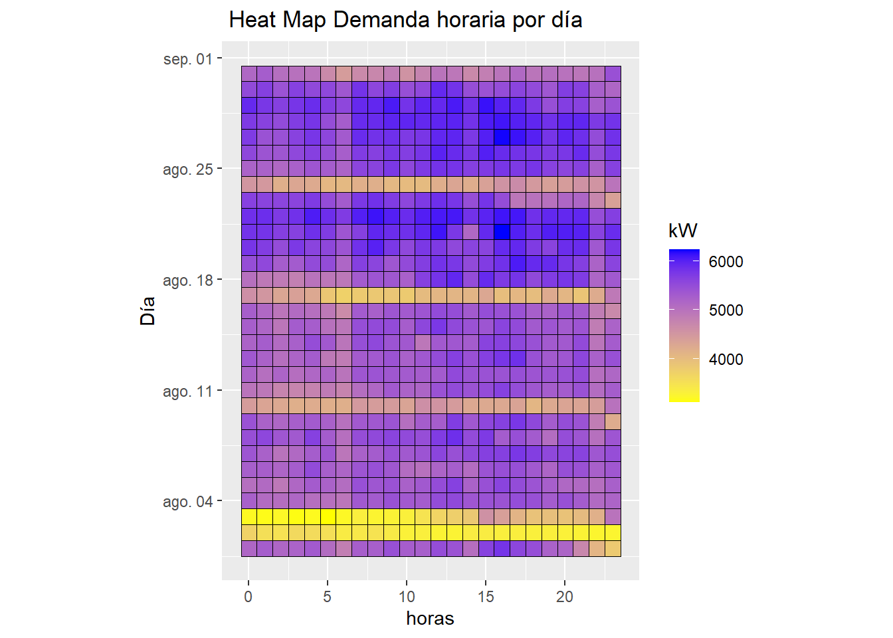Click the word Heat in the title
click(252, 20)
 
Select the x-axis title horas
click(430, 619)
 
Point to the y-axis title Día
click(148, 310)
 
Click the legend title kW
click(682, 231)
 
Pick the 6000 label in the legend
click(726, 262)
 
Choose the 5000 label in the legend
click(726, 310)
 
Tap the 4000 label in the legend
click(726, 360)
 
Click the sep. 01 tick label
click(188, 59)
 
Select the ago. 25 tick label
click(188, 169)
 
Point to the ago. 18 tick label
click(188, 280)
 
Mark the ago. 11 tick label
click(188, 391)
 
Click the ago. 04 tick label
click(188, 502)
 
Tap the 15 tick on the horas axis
click(486, 597)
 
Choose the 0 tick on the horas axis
click(248, 597)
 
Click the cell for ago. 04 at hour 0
click(248, 501)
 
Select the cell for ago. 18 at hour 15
click(486, 280)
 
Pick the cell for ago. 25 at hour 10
click(407, 169)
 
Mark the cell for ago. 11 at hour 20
click(565, 390)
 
